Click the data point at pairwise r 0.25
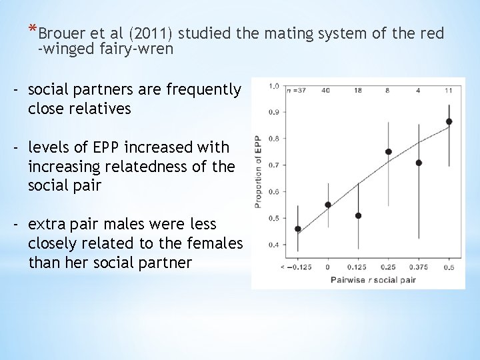389,151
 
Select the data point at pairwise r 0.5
449,121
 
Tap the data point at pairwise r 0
328,205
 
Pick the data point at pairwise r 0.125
358,215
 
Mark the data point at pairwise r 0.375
419,163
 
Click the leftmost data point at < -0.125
297,229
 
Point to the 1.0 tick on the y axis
273,86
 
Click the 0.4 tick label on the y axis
273,245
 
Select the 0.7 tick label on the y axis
273,165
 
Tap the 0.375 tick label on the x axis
418,267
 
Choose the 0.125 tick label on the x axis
358,267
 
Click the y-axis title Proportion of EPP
258,171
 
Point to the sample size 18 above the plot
358,89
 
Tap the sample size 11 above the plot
448,89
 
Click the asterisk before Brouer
32,29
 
